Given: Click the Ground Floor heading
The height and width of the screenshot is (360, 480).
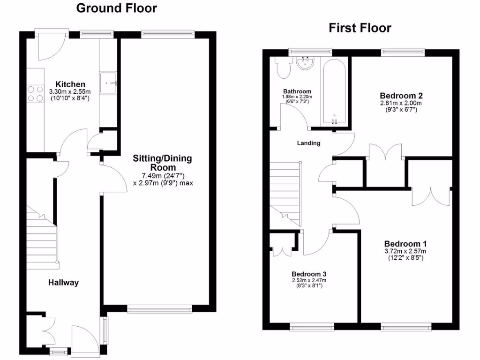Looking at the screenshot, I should click(x=116, y=8).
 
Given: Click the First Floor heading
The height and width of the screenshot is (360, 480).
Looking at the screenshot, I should click(x=360, y=28).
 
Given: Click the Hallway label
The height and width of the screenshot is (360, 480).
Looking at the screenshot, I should click(x=63, y=283).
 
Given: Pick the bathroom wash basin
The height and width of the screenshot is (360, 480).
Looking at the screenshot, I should click(x=306, y=63).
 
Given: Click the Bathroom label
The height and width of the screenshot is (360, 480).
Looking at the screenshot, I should click(x=297, y=91).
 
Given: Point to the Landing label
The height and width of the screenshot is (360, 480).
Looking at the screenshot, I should click(x=309, y=143).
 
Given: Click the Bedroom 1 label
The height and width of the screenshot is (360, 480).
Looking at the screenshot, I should click(x=405, y=244).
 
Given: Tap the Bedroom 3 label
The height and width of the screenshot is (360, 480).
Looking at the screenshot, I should click(x=309, y=274).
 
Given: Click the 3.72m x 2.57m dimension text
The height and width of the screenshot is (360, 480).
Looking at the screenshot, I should click(x=405, y=251).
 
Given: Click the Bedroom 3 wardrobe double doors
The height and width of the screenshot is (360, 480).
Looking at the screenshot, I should click(x=283, y=247).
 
